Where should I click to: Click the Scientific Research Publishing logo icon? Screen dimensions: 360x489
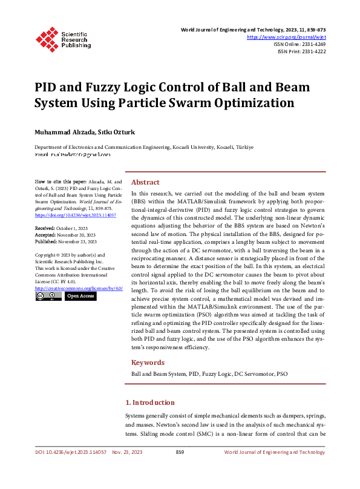[47, 38]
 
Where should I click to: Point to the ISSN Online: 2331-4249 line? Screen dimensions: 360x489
[300, 44]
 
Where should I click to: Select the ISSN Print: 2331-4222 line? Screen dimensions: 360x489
[301, 51]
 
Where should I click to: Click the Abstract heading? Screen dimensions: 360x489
[145, 182]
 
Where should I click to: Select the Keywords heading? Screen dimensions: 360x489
[148, 363]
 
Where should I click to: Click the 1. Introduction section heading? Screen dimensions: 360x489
[149, 402]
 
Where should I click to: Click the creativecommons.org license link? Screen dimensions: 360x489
[79, 288]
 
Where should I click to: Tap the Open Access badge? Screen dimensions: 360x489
[80, 297]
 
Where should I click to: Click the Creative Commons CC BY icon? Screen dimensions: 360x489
[48, 297]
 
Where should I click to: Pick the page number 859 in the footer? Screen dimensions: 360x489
[180, 452]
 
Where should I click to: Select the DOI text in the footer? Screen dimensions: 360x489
[71, 452]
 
